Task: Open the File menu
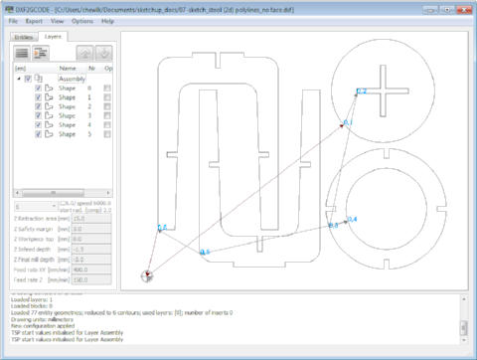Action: tap(11, 20)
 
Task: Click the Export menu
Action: tap(34, 20)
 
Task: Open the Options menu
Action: tap(82, 20)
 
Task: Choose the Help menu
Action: tap(107, 20)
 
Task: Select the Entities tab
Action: tap(23, 37)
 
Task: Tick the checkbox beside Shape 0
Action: tap(39, 88)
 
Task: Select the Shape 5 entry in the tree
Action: tap(68, 134)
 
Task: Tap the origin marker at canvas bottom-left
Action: tap(147, 274)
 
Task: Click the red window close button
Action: tap(463, 6)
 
